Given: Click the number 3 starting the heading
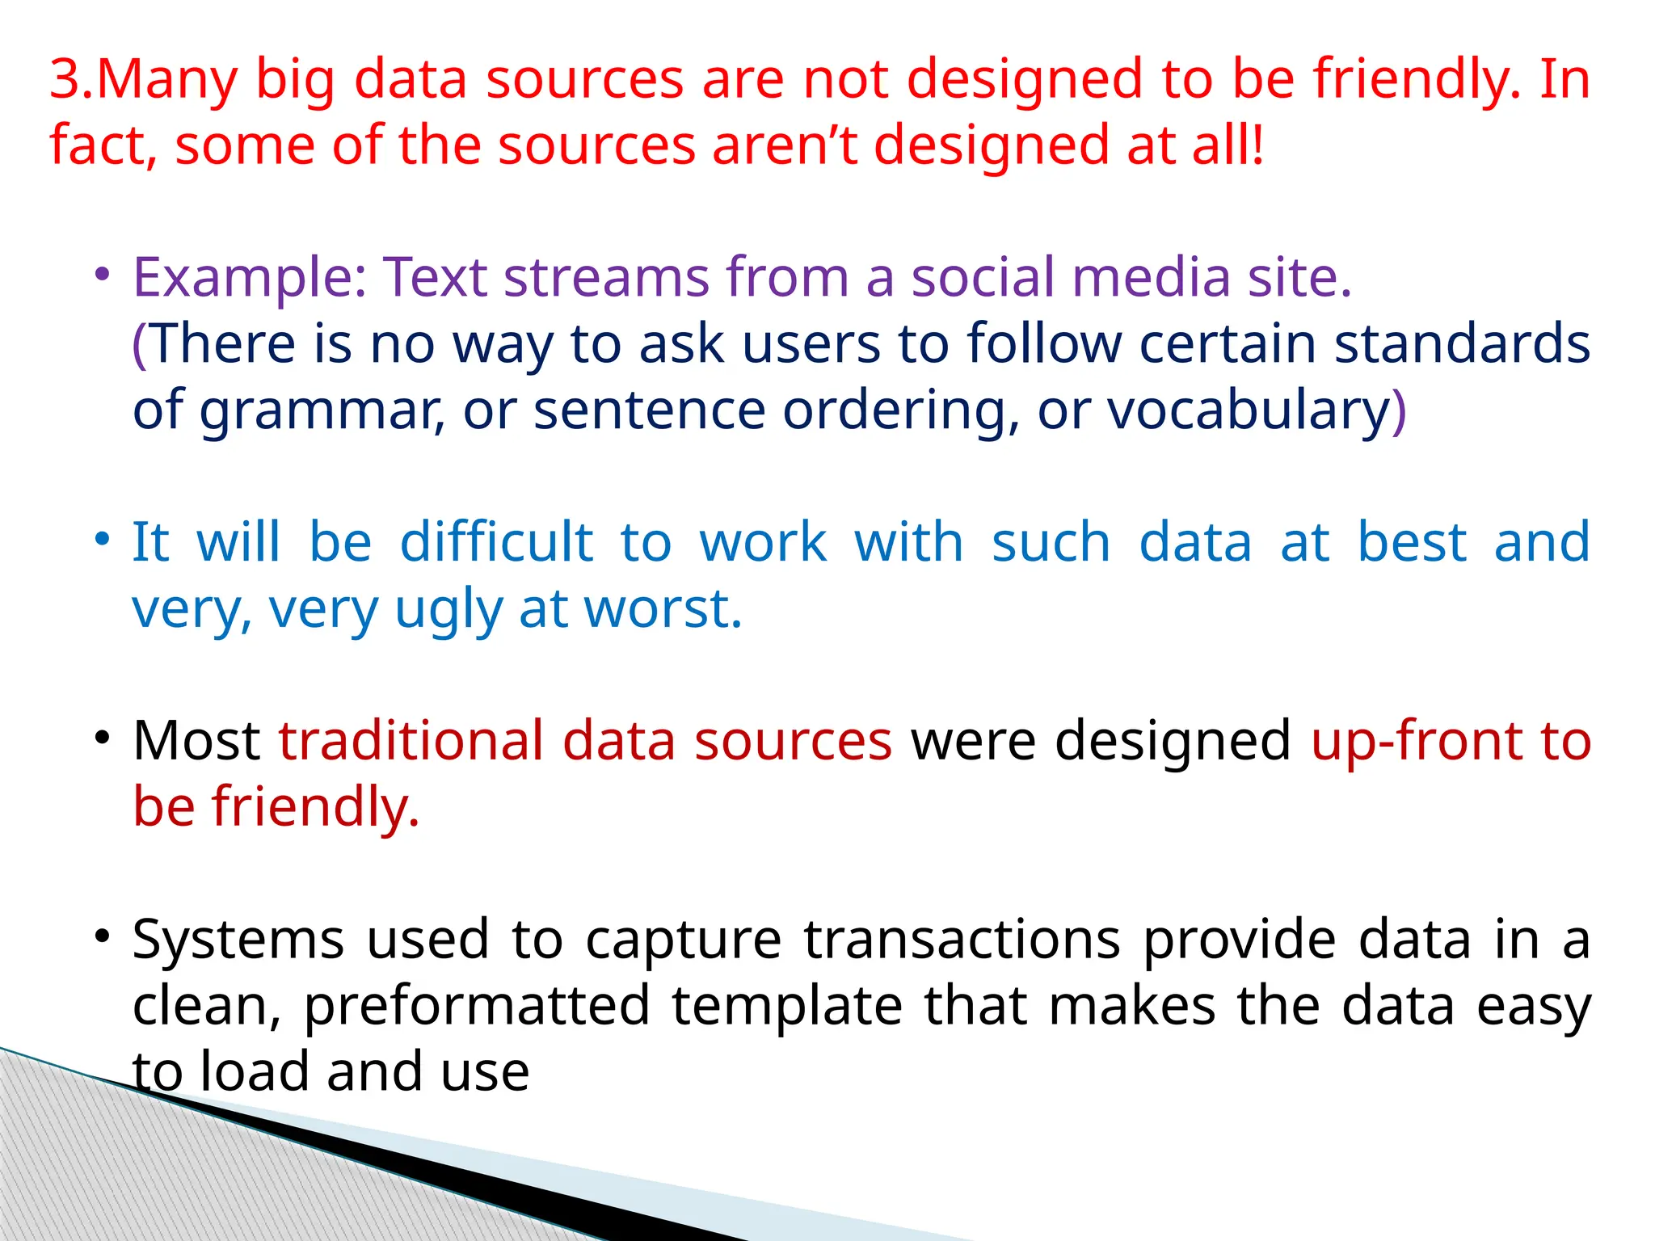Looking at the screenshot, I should click(66, 81).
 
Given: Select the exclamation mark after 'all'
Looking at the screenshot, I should click(1257, 146).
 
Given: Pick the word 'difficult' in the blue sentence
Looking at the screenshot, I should click(497, 543).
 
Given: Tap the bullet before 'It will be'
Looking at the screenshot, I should click(101, 538).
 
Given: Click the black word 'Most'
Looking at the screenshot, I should click(196, 742).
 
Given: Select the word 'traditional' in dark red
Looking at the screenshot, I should click(411, 742).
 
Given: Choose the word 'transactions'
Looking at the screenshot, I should click(962, 940).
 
